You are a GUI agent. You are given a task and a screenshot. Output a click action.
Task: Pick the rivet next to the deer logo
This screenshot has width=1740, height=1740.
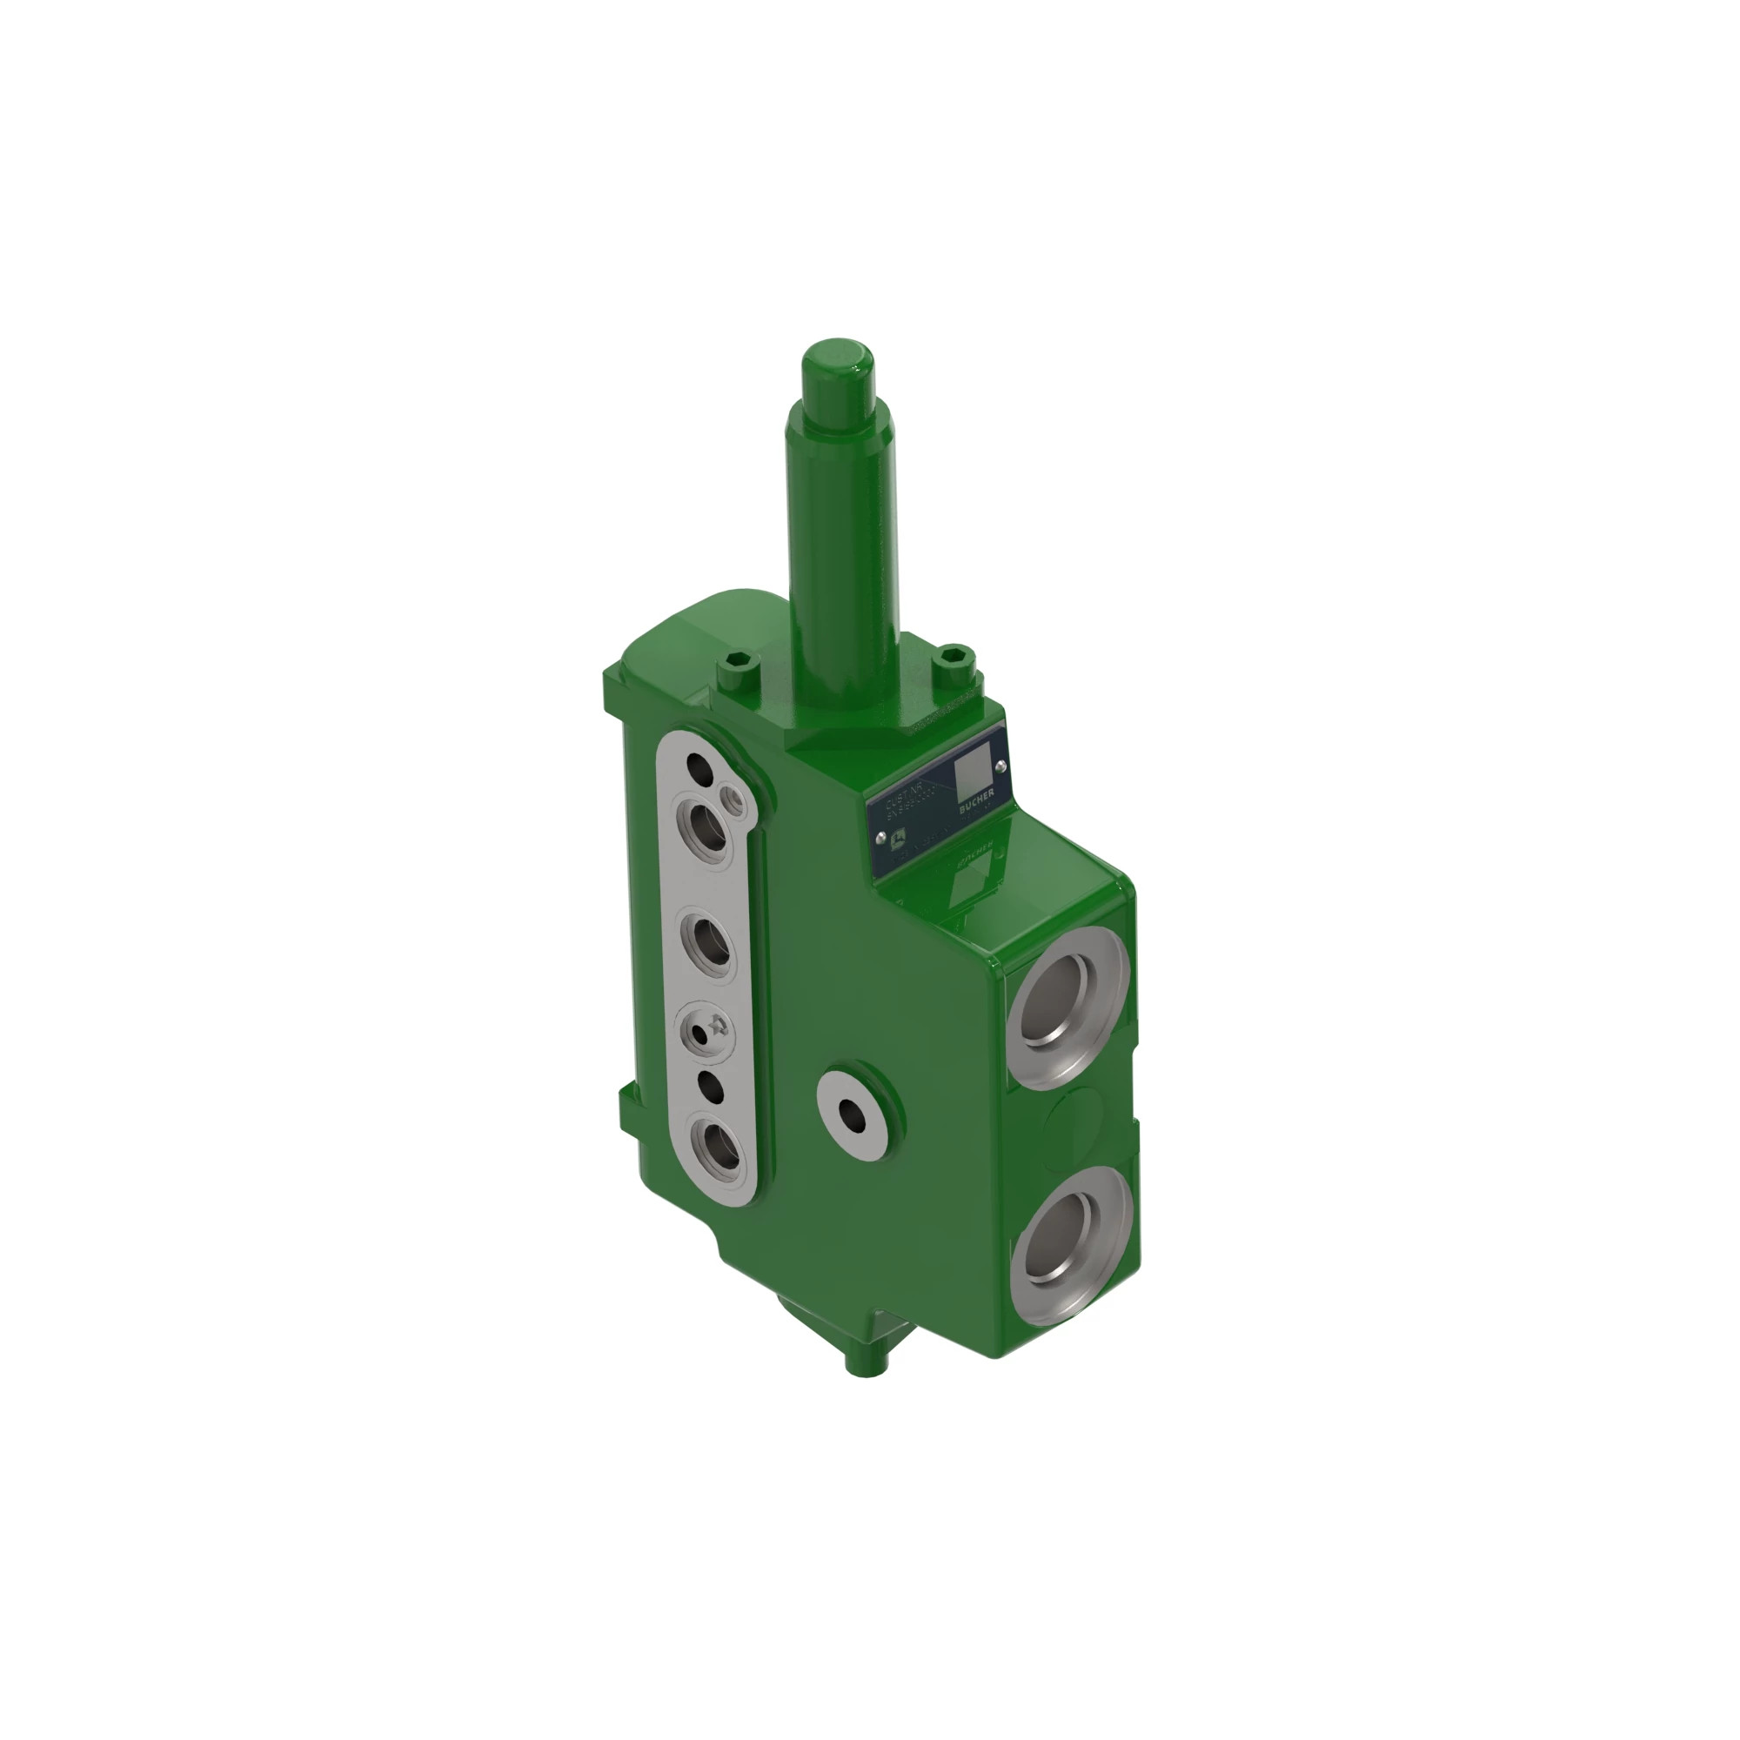coord(880,836)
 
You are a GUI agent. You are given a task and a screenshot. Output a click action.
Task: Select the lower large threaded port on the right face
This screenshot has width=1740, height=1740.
coord(1067,1243)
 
